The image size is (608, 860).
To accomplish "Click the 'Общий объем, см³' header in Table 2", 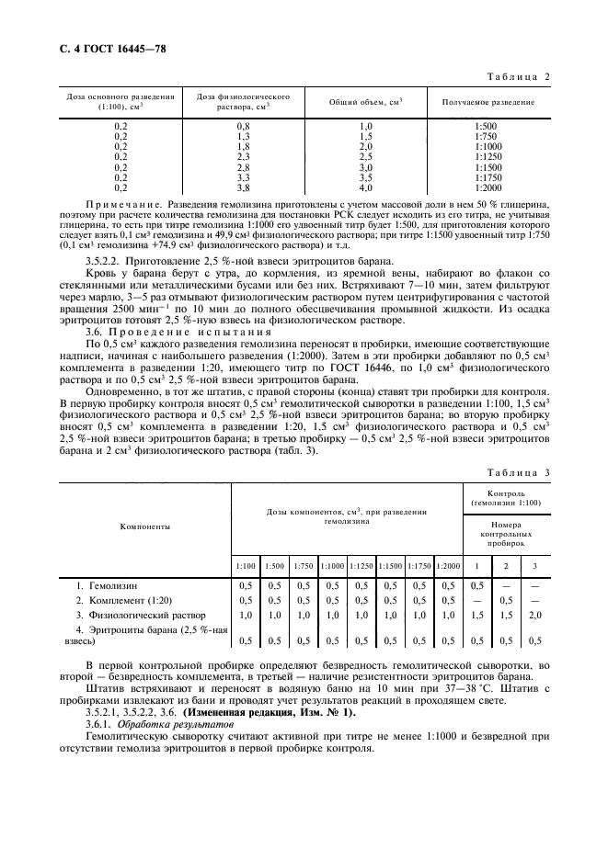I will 365,102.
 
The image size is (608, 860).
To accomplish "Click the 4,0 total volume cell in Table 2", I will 365,187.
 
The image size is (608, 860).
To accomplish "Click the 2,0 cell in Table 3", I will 534,615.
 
